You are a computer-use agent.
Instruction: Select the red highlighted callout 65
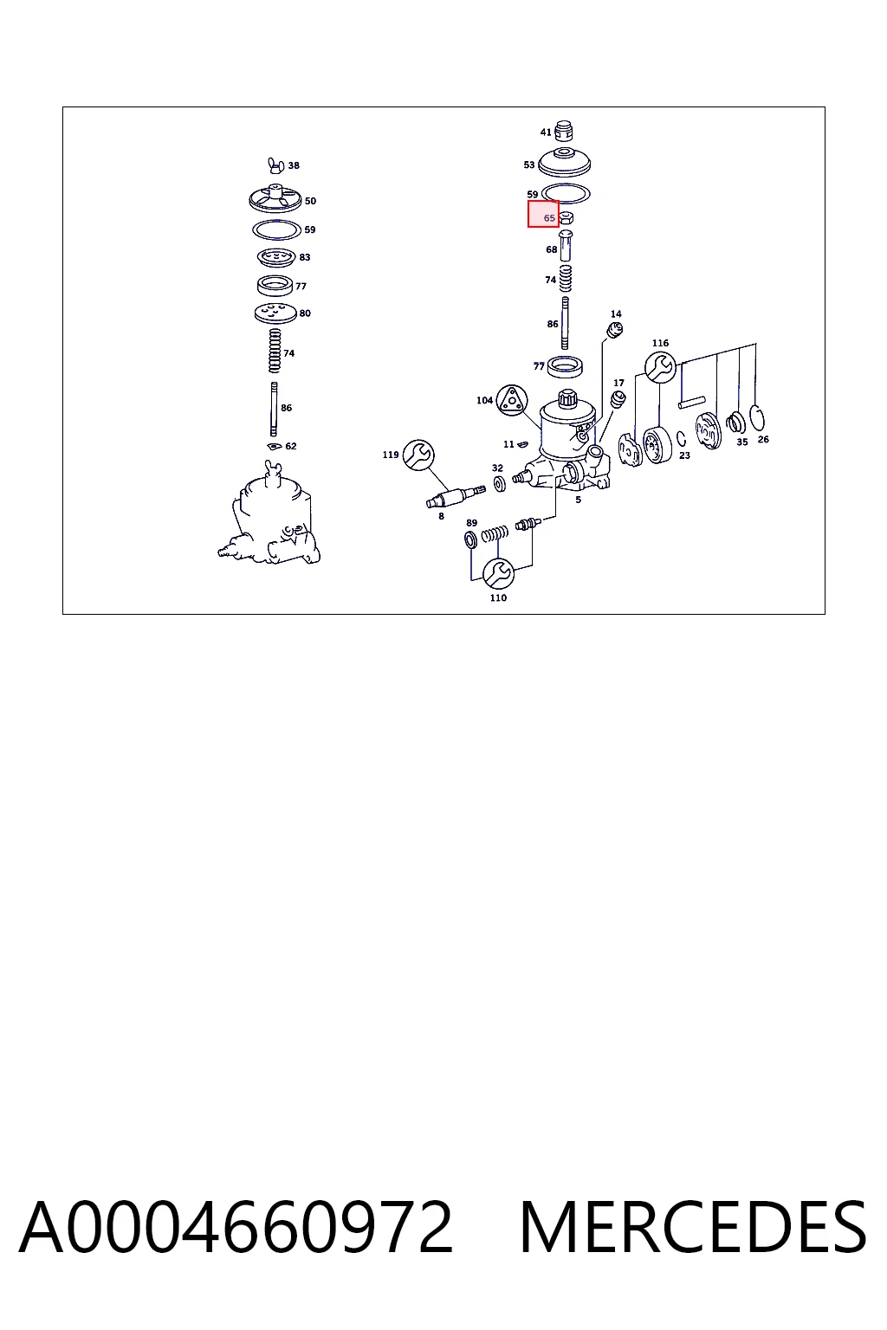(x=543, y=214)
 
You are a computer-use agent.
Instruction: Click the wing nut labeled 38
(x=275, y=165)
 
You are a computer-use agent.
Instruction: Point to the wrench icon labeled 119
(x=418, y=455)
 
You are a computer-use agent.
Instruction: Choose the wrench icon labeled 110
(x=498, y=573)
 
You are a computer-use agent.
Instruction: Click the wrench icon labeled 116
(x=660, y=367)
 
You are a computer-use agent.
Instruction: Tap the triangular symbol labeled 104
(x=512, y=399)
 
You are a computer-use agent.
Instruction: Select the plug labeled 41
(x=564, y=132)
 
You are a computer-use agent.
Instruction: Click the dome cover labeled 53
(x=564, y=162)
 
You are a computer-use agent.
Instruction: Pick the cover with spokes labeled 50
(x=275, y=198)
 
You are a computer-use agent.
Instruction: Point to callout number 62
(x=290, y=446)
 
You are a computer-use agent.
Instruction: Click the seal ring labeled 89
(x=470, y=539)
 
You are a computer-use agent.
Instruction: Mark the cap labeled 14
(x=615, y=329)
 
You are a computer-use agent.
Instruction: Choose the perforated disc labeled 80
(x=275, y=313)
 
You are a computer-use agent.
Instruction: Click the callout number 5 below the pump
(x=578, y=500)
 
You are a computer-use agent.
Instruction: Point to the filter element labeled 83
(x=276, y=258)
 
